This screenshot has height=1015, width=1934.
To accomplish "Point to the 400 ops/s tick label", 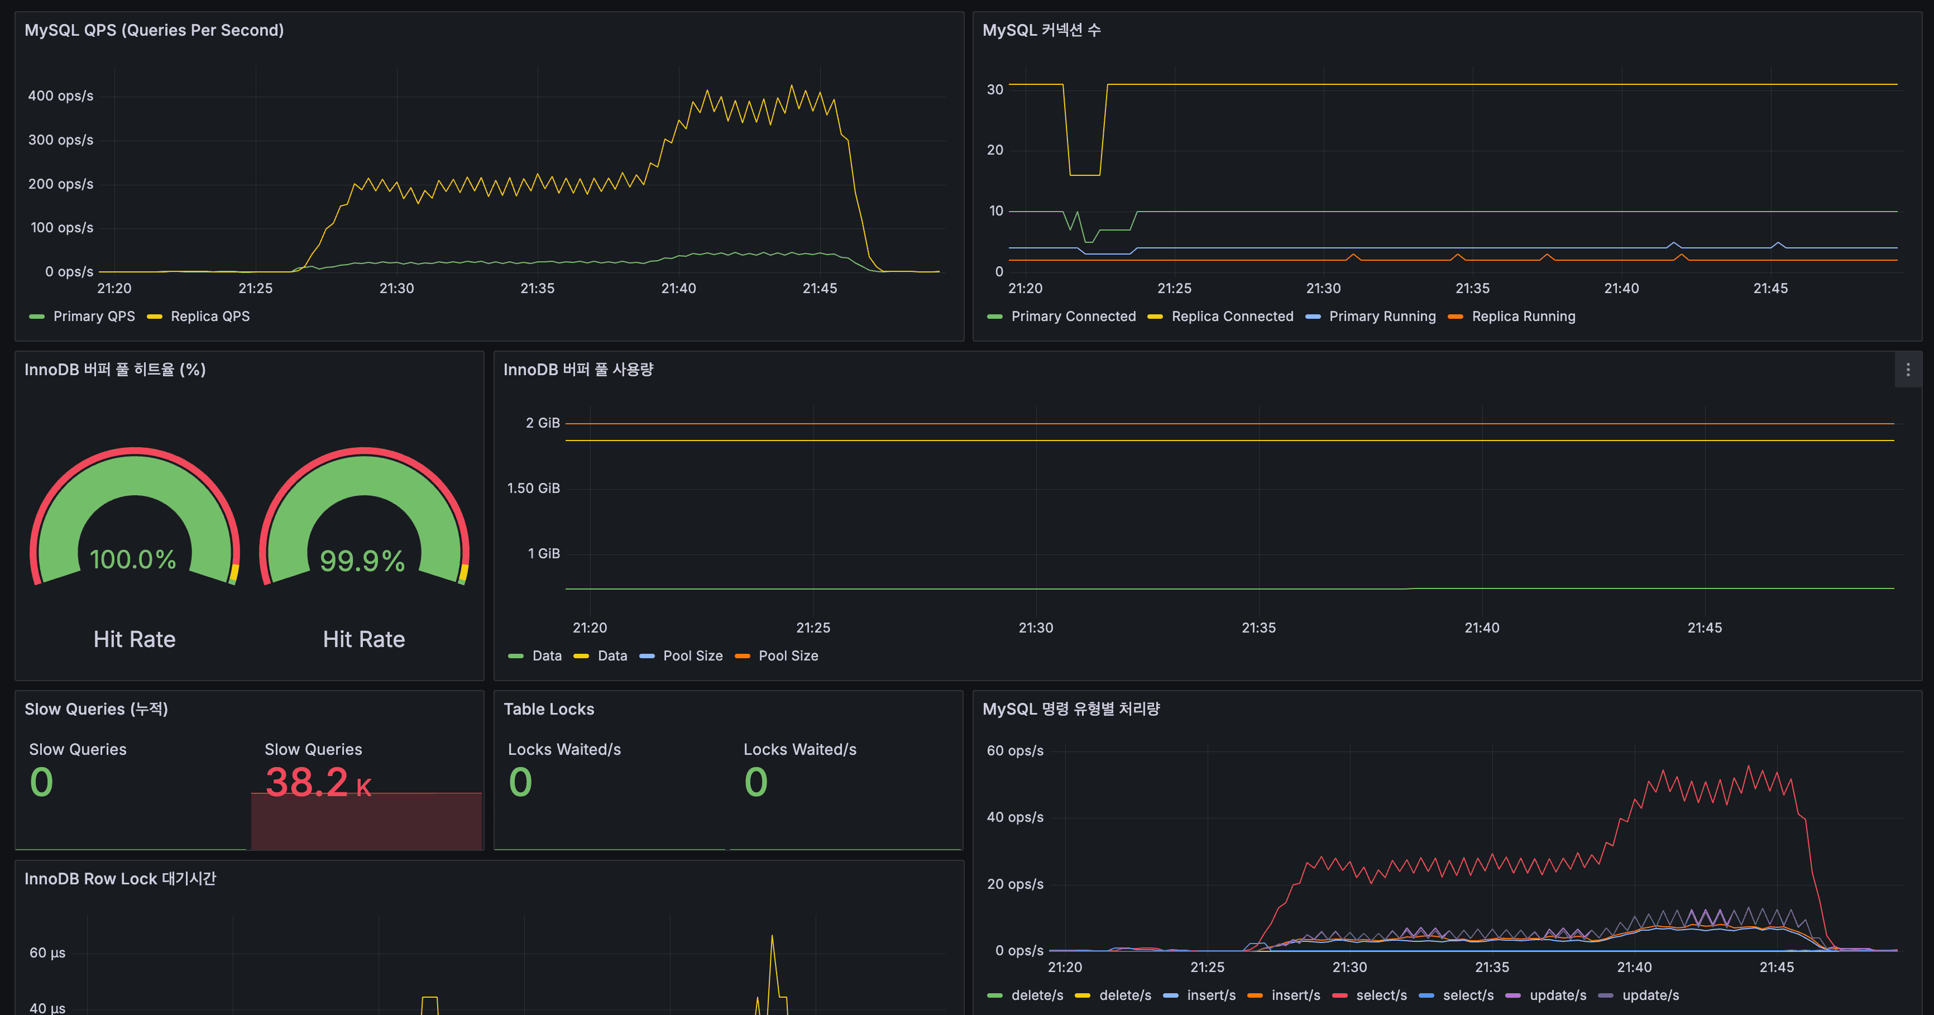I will [61, 96].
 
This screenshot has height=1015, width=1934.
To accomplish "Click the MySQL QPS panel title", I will [154, 30].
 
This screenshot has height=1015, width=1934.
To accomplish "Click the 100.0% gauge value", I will [133, 559].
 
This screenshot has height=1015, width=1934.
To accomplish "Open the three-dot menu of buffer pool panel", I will [1908, 370].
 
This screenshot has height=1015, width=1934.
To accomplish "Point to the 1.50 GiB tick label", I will [533, 488].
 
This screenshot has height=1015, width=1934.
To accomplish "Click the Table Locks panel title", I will [548, 708].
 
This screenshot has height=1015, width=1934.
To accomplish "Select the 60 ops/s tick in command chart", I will [1014, 751].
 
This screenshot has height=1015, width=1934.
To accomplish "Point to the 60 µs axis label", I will [47, 952].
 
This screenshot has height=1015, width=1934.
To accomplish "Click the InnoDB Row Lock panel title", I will [120, 878].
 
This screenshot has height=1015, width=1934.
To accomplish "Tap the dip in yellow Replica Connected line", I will [1085, 174].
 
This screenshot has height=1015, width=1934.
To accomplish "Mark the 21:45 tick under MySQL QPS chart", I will [819, 288].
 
